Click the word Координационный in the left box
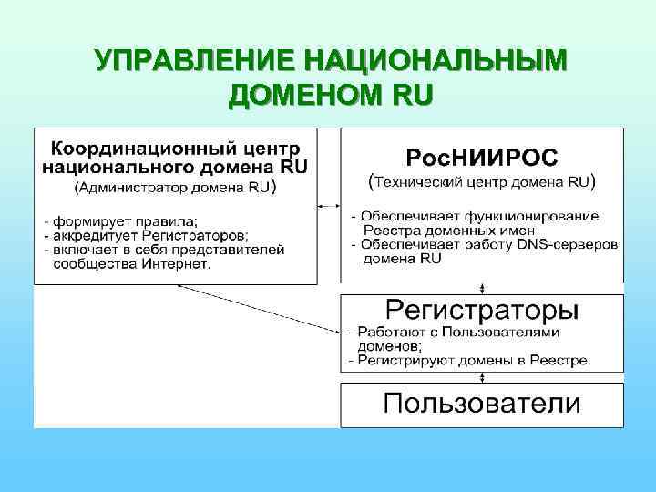tap(137, 147)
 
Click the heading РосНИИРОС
tap(481, 157)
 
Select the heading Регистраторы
tap(481, 310)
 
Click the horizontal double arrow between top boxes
tap(328, 206)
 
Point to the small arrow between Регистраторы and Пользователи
tap(481, 378)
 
